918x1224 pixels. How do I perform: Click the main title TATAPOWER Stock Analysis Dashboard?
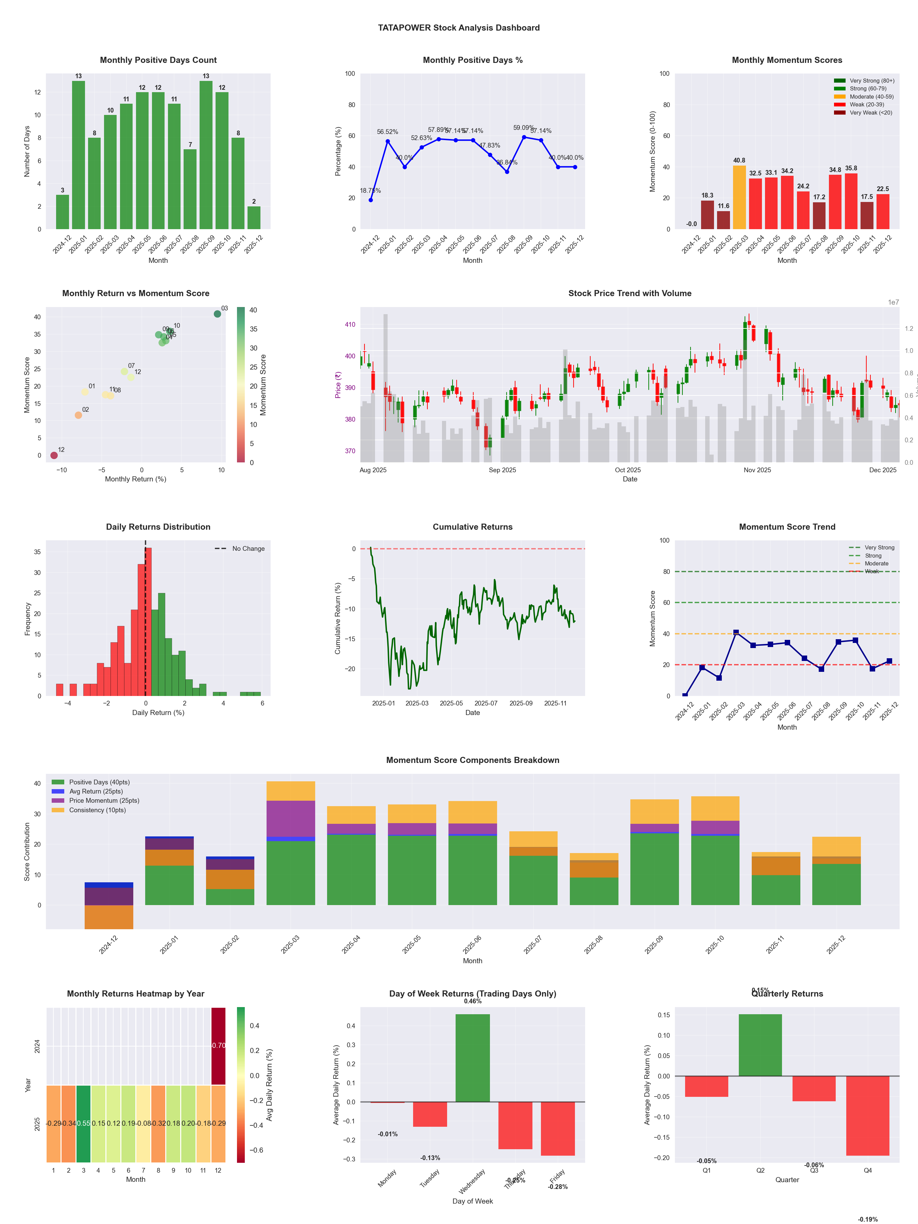coord(459,28)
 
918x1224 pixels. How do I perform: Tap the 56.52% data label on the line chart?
coord(387,132)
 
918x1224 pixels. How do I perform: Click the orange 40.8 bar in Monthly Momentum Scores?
coord(739,198)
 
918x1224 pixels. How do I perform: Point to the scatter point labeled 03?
coord(218,314)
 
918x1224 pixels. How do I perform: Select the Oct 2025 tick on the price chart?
coord(628,470)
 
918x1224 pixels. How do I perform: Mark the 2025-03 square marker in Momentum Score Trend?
coord(736,632)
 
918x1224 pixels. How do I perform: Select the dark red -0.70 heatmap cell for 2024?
coord(219,1045)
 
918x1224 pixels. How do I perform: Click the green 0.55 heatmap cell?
coord(84,1123)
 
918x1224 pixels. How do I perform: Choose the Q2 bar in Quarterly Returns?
coord(760,1045)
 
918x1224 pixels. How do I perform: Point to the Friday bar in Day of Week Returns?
coord(558,1128)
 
